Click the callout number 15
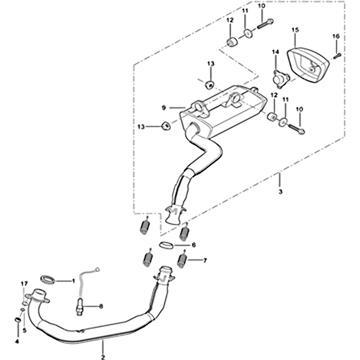295,30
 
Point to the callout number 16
336,36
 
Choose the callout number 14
275,52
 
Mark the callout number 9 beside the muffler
164,108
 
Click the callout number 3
280,192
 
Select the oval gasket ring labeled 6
166,245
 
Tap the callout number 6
194,245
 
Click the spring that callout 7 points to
183,261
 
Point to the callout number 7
205,261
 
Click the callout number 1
73,281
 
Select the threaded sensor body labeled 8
79,306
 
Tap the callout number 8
101,306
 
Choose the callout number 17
24,284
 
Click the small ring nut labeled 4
18,319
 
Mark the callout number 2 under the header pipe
103,357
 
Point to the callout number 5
25,331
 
